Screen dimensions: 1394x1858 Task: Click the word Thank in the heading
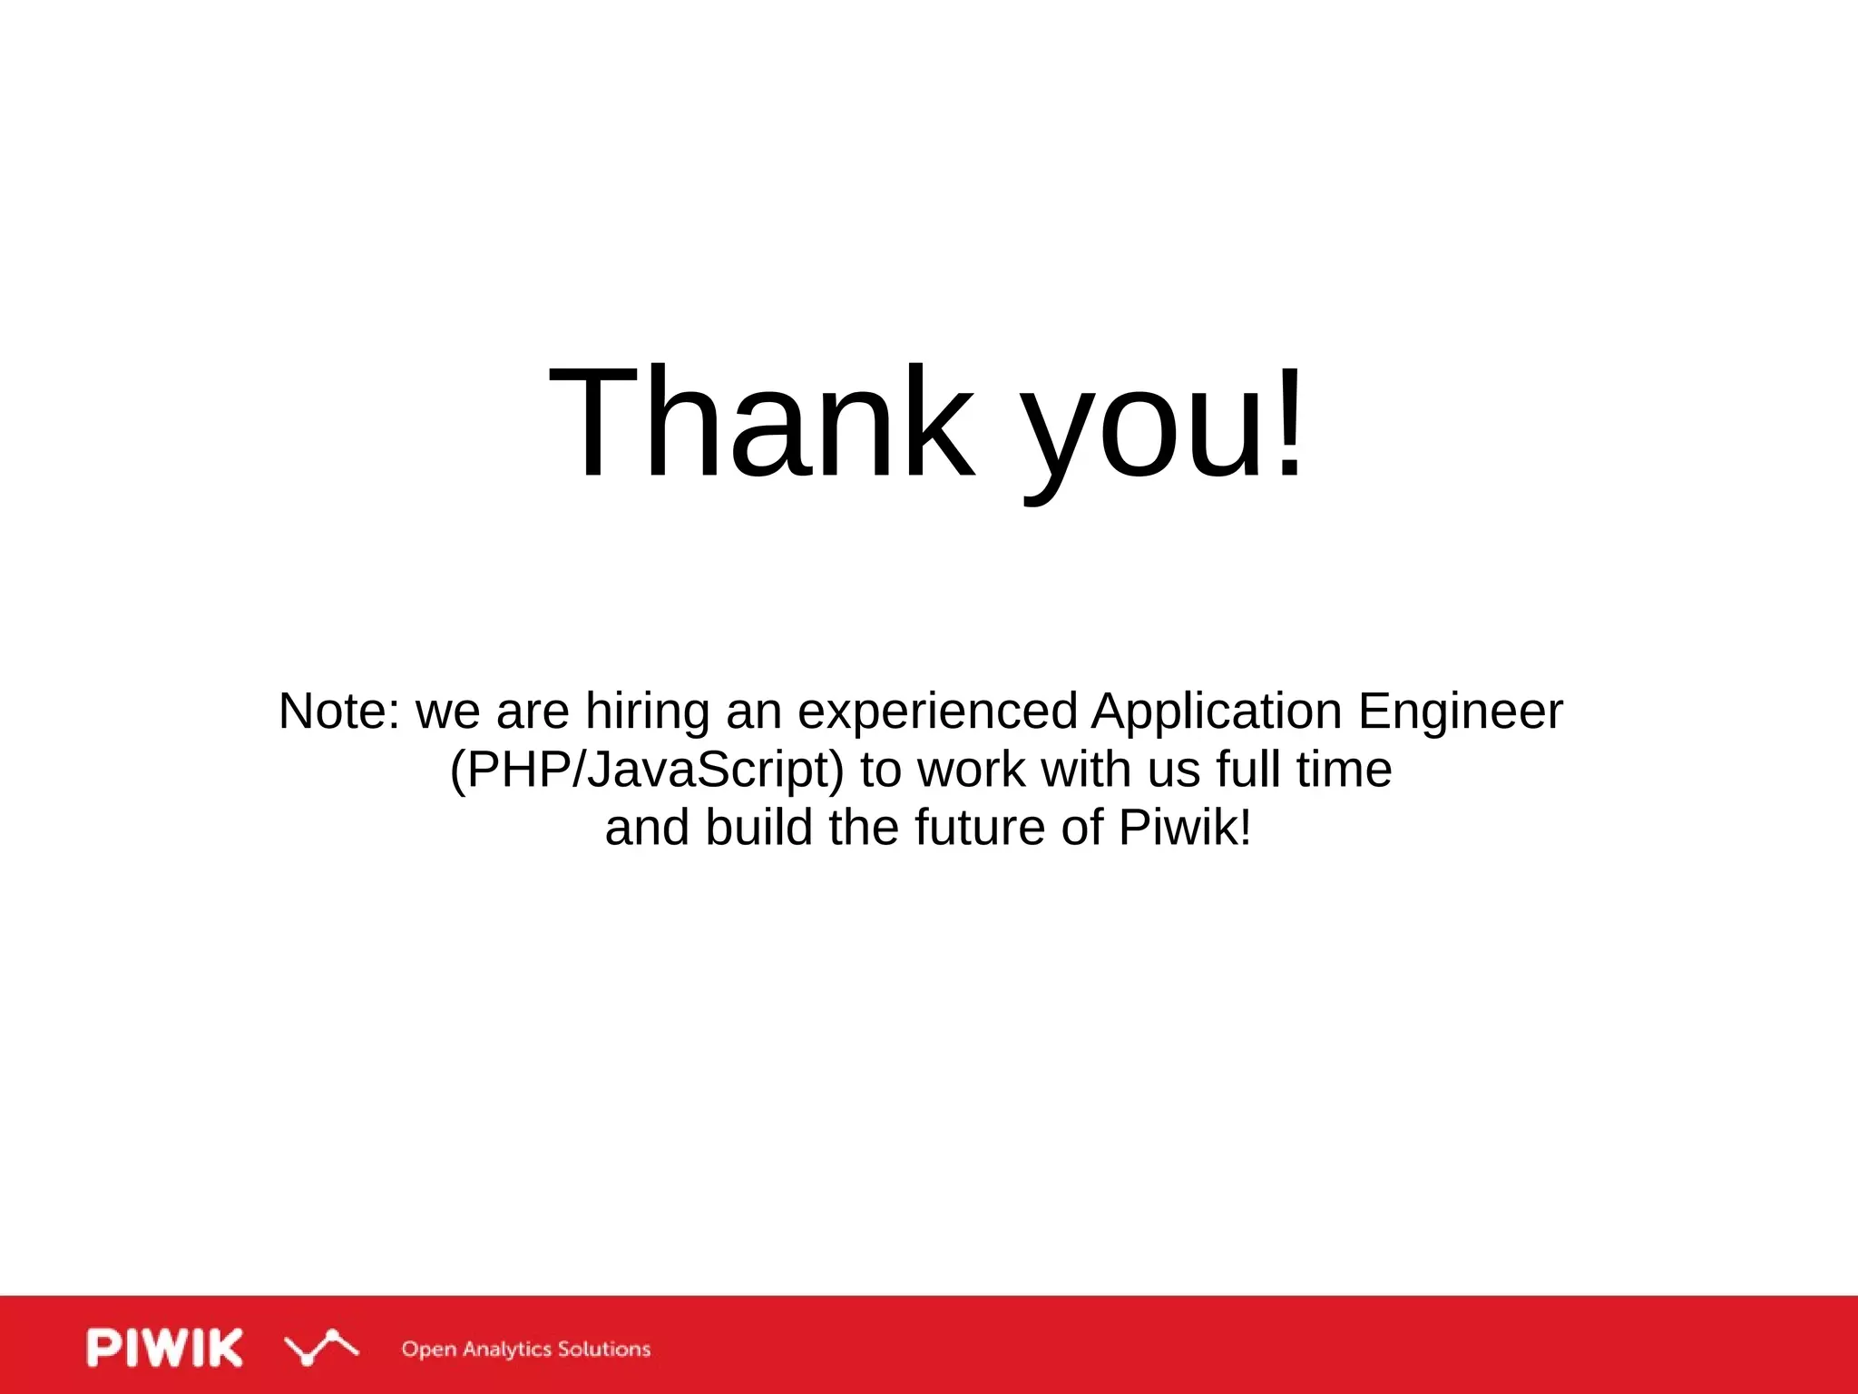(x=762, y=422)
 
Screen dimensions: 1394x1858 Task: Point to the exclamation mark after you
(x=1289, y=422)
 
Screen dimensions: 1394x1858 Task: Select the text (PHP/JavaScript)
(x=647, y=771)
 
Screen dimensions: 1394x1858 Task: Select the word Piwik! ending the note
(x=1185, y=828)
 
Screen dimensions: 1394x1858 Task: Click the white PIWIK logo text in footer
(x=165, y=1348)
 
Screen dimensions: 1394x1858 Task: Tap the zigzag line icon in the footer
(x=320, y=1348)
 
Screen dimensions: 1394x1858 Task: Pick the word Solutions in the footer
(x=603, y=1349)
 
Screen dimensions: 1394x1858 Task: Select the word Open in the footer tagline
(x=428, y=1350)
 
